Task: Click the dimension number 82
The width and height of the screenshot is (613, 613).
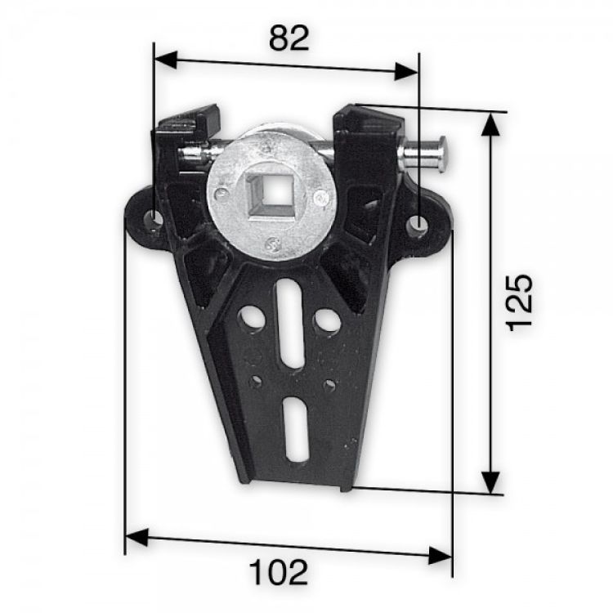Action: [x=288, y=38]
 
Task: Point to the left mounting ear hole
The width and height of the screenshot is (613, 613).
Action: [x=153, y=219]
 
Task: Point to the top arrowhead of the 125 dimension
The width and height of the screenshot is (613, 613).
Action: [x=490, y=123]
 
